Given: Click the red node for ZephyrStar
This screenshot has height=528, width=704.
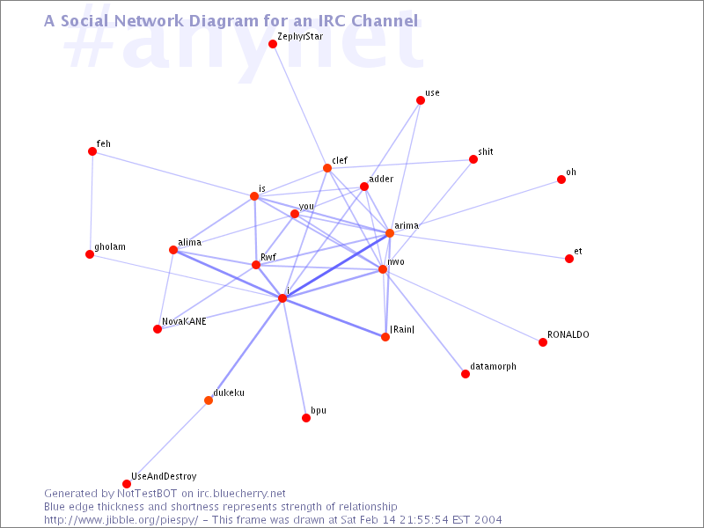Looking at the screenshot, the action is click(273, 43).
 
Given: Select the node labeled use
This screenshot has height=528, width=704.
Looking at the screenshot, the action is click(421, 100).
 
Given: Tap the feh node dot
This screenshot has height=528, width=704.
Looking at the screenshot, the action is click(92, 151).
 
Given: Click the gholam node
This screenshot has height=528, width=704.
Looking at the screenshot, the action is click(90, 254).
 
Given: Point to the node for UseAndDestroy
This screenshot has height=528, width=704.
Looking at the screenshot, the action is click(127, 483).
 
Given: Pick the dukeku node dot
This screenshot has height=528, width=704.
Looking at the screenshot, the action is click(209, 400).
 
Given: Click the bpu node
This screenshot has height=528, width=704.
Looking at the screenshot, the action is click(306, 418).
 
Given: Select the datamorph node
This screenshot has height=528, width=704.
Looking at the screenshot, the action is click(466, 374).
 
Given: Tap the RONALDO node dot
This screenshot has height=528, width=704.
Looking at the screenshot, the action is click(543, 342).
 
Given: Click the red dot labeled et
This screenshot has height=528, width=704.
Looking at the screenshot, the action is click(569, 259).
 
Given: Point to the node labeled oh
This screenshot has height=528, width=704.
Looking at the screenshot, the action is click(561, 180).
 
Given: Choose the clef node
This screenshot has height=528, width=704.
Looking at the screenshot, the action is click(327, 168).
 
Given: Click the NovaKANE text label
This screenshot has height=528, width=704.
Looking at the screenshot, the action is click(184, 321).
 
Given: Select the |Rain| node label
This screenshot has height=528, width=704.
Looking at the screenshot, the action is click(402, 329).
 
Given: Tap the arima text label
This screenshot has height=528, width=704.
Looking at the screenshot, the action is click(407, 225).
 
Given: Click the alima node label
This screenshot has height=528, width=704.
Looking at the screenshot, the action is click(190, 243).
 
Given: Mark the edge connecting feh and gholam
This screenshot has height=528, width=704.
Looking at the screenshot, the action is click(92, 203).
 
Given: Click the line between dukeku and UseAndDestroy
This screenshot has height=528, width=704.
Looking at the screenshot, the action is click(167, 442).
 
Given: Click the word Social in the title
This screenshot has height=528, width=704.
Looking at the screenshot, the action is click(84, 20).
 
